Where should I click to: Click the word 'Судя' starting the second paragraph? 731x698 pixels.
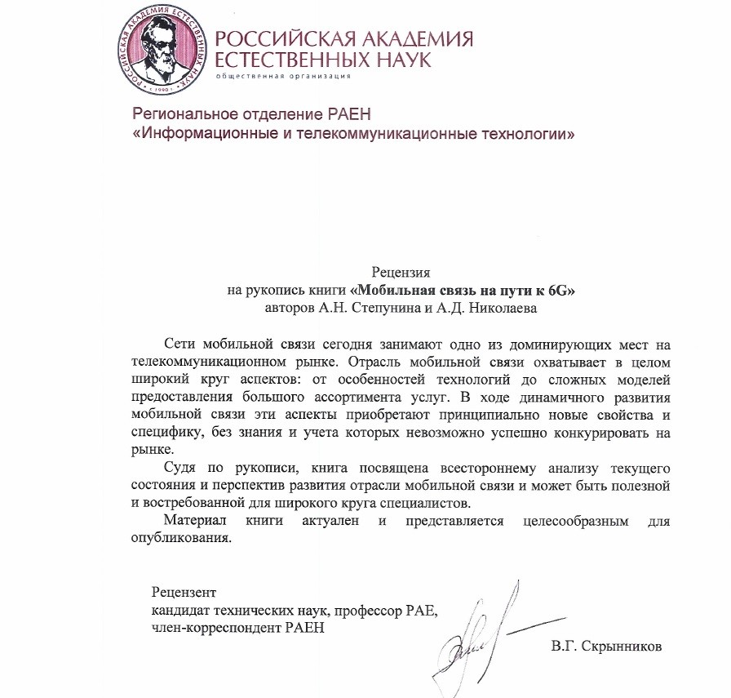(180, 467)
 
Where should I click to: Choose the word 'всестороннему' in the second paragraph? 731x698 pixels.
(463, 467)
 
